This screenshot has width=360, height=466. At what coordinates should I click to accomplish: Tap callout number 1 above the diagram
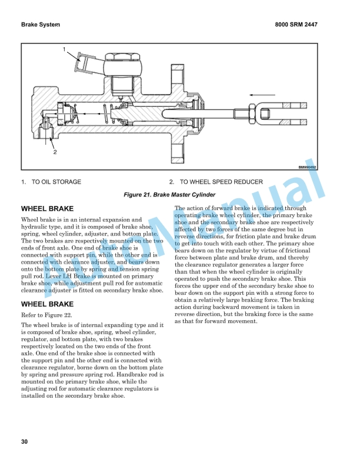[x=64, y=49]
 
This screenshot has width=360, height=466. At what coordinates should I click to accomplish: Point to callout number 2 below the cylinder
[x=55, y=152]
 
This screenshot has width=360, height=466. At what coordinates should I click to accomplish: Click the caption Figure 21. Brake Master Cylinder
[x=169, y=195]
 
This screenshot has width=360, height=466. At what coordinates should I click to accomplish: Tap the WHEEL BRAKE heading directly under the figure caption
[x=47, y=209]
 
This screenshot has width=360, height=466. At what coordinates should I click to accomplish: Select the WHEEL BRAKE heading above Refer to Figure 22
[x=47, y=304]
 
